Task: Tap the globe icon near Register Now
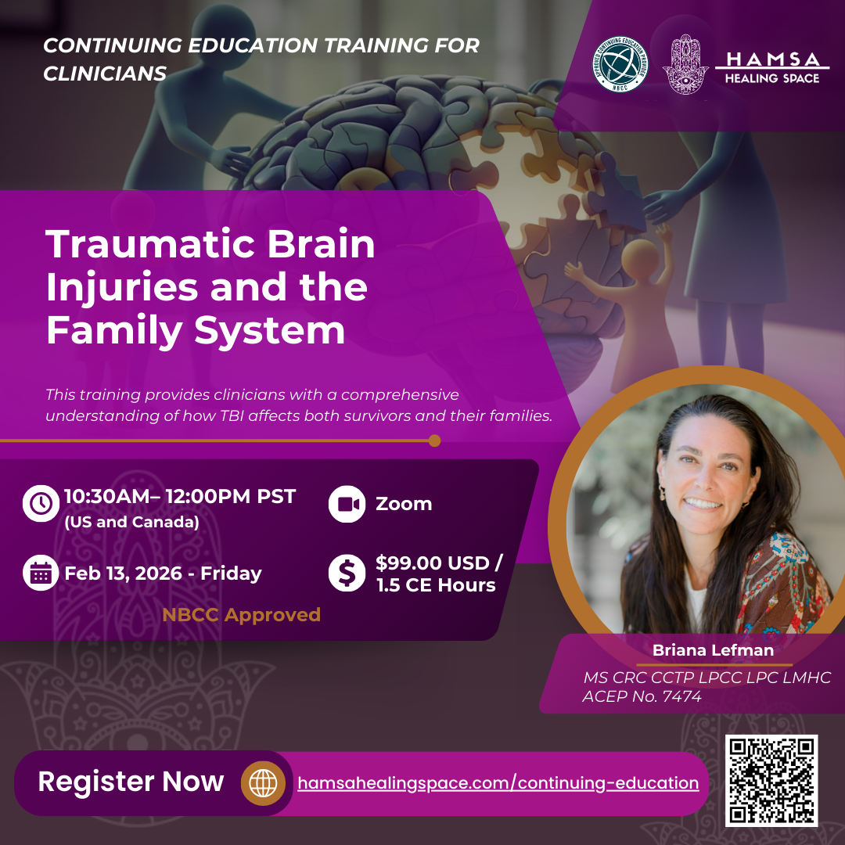262,782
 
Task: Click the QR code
771,780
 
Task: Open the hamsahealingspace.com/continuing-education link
498,782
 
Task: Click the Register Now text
131,782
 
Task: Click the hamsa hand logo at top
685,64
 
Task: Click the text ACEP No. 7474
642,696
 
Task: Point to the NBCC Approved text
241,615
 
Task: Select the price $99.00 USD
439,563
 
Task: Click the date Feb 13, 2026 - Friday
163,574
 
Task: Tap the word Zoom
404,504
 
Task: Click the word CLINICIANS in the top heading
105,74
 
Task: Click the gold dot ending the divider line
434,440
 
